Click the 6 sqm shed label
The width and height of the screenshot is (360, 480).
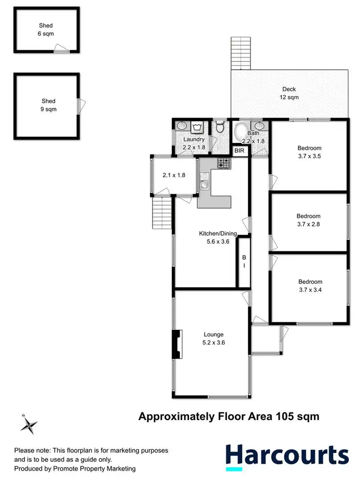click(46, 29)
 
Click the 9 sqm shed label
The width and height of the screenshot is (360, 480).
click(48, 105)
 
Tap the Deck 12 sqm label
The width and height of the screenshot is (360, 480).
click(289, 93)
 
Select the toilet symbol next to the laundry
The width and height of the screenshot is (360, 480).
click(220, 128)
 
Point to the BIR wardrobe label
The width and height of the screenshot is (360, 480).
click(239, 151)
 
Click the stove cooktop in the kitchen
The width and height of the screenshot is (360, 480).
click(224, 163)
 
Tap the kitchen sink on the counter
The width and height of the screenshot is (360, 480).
click(204, 183)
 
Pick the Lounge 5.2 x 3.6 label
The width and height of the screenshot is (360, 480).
click(214, 338)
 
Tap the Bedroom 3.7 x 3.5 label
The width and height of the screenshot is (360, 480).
click(309, 152)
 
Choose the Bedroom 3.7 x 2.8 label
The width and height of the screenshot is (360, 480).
click(308, 220)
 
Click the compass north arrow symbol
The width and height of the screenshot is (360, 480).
click(30, 423)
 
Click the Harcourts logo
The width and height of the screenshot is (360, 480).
click(287, 456)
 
